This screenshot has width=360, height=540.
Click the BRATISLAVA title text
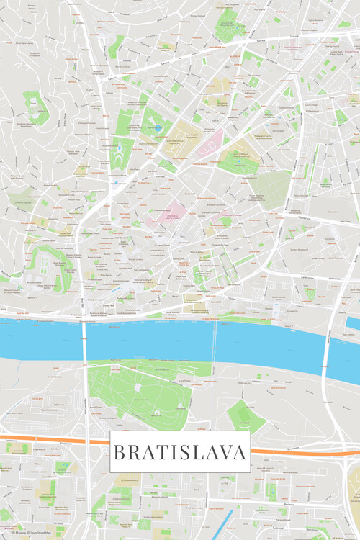point(180,452)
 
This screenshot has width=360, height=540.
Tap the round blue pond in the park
point(158,128)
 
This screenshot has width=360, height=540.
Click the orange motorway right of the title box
point(302,451)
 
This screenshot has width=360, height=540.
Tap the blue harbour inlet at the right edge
point(353,323)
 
